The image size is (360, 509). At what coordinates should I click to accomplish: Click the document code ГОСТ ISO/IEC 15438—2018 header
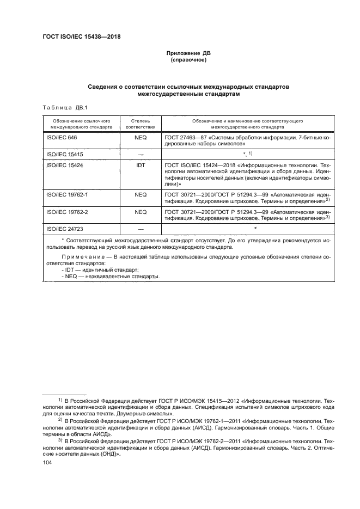(81, 37)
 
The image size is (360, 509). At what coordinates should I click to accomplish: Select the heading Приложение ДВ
(187, 54)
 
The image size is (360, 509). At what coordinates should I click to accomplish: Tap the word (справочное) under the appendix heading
(187, 60)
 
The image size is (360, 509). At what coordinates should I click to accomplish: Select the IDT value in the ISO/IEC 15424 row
(141, 164)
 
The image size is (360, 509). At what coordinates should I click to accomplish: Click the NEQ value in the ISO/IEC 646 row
(141, 138)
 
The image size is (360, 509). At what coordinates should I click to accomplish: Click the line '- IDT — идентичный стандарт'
(100, 269)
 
